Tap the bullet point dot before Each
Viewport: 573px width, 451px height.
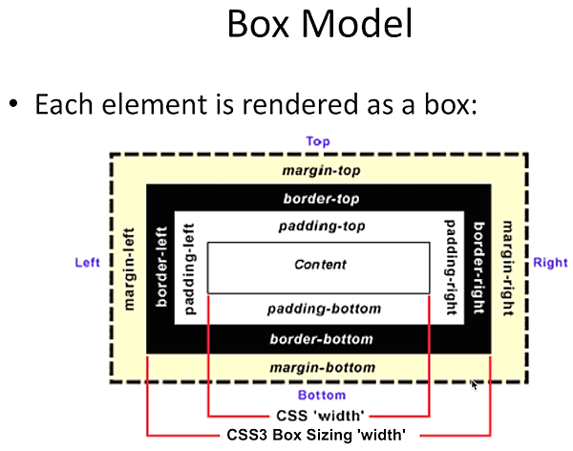(15, 103)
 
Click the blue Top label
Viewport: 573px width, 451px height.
(318, 141)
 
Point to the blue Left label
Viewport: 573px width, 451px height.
(89, 262)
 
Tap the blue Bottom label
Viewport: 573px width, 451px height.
(319, 395)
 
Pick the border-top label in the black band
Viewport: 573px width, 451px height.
(319, 200)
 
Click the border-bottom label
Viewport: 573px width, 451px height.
(320, 338)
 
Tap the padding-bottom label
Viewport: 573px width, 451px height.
(323, 309)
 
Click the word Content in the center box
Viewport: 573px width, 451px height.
(320, 265)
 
